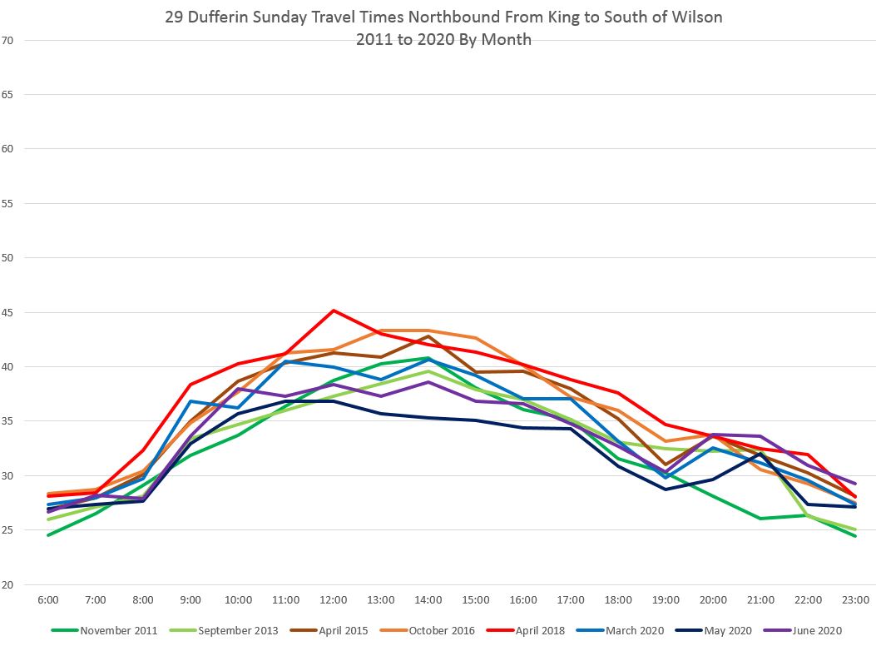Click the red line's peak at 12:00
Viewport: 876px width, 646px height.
[334, 311]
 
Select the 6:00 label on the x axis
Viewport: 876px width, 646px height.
[47, 600]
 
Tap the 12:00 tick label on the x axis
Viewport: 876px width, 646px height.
[333, 600]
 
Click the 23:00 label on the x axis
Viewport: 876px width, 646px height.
[855, 600]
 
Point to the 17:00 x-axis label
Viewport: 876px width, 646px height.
[571, 600]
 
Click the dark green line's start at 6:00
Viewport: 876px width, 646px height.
[48, 535]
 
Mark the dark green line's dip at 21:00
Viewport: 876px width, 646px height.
[761, 519]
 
